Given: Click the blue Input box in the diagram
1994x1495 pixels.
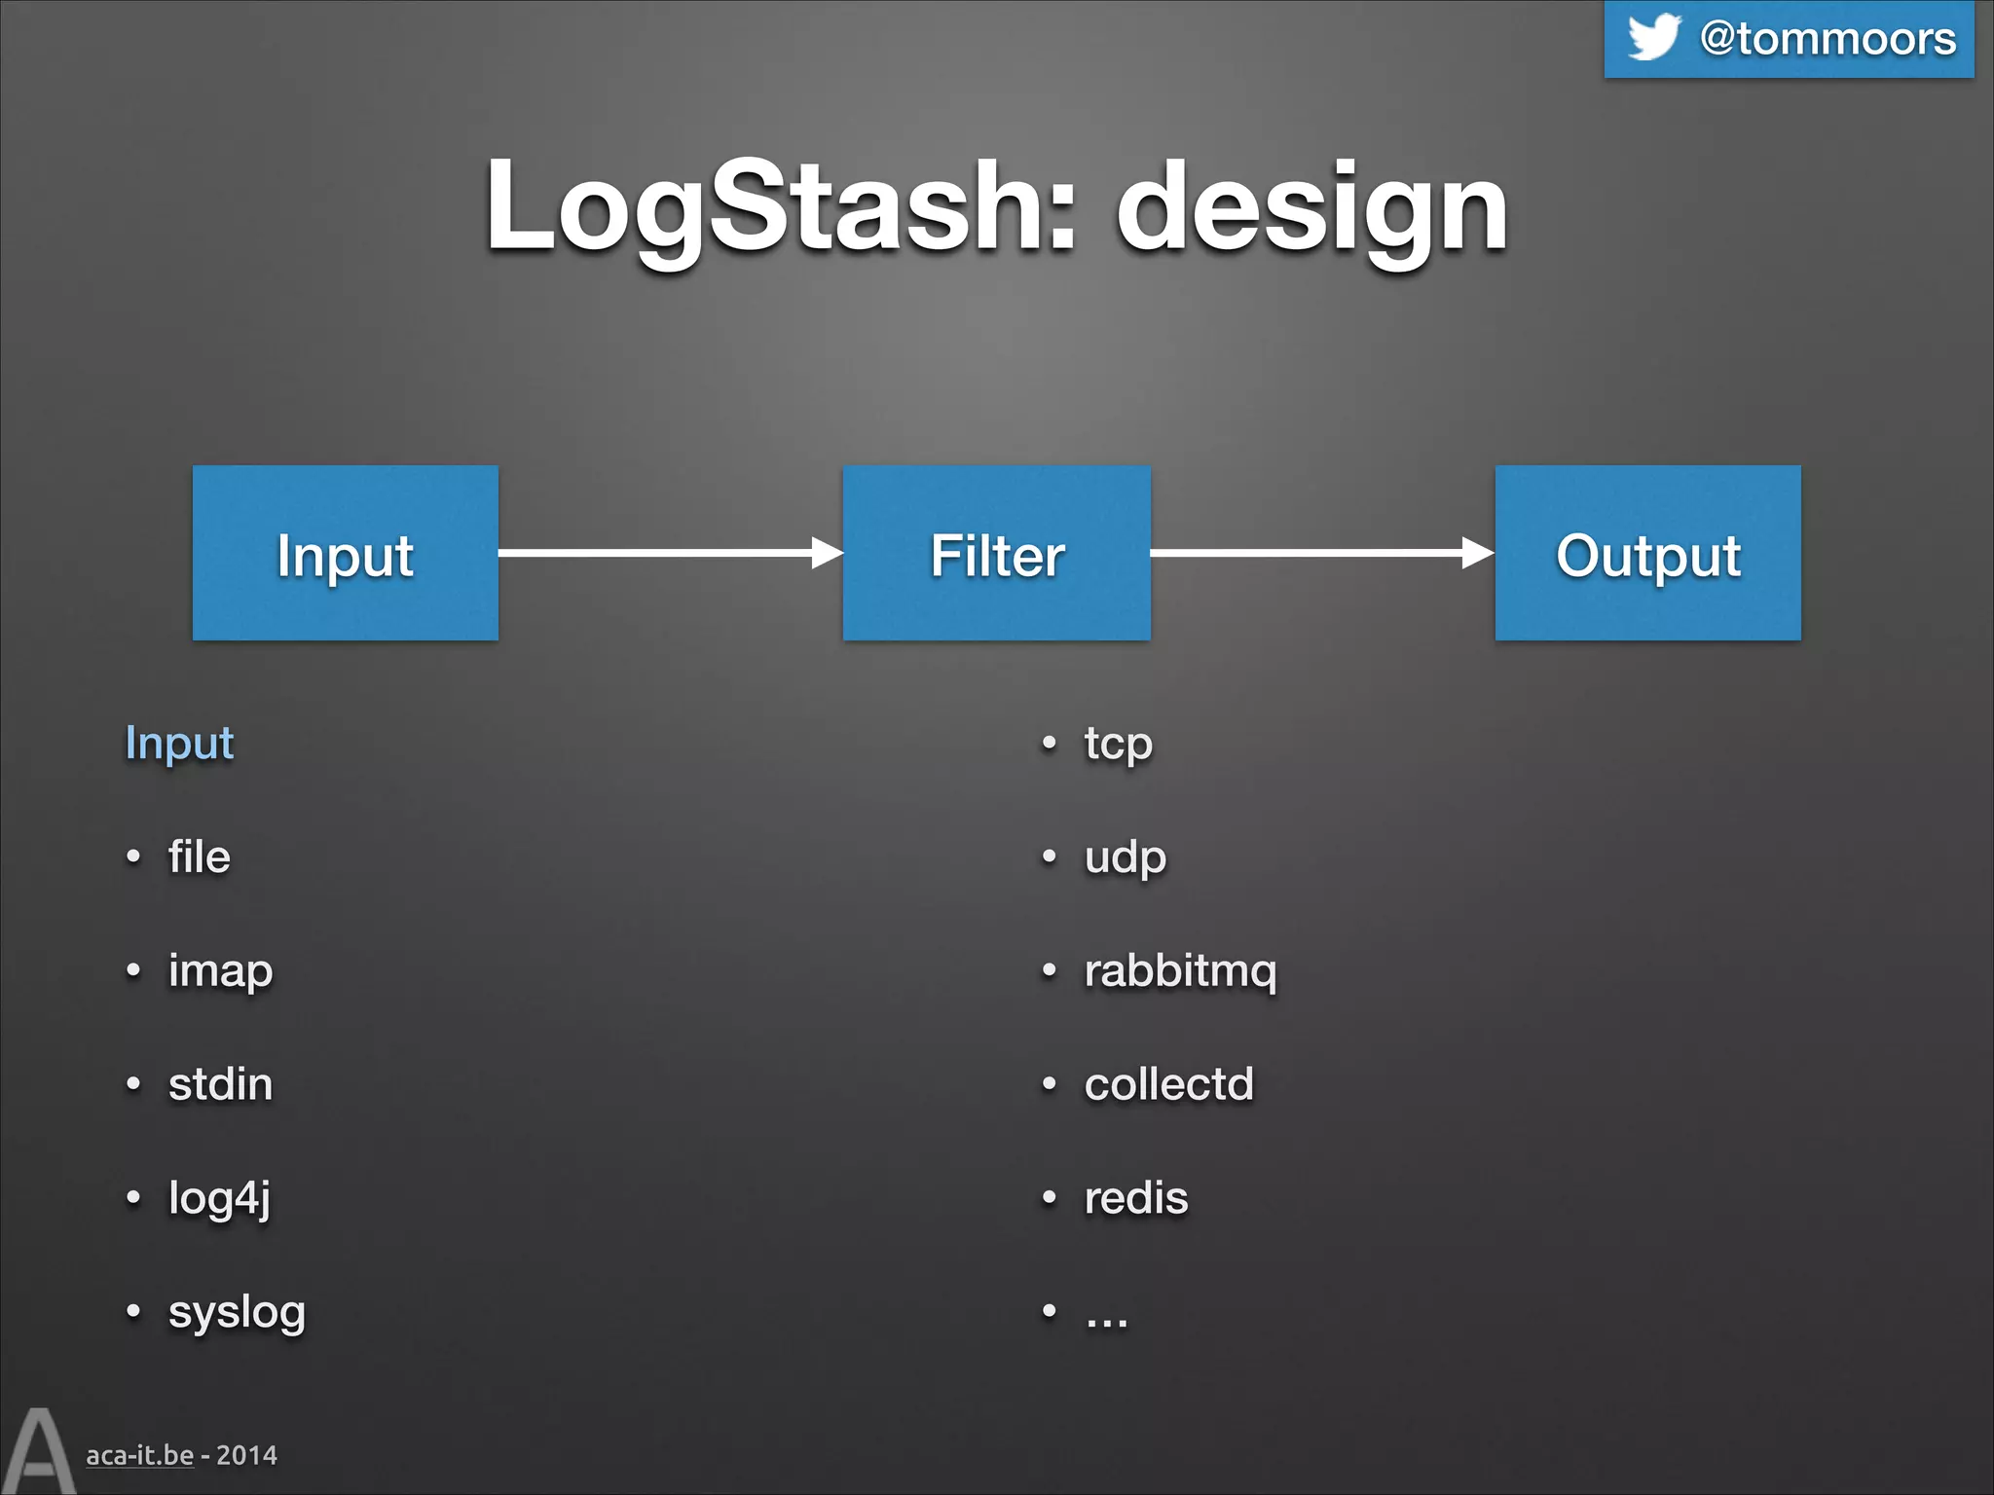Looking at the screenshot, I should tap(345, 553).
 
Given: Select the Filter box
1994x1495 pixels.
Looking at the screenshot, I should tap(996, 553).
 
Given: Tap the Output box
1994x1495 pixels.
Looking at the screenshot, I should tap(1647, 553).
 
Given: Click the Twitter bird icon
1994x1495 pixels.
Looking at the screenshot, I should tap(1653, 37).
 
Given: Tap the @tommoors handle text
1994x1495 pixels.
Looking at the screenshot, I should tap(1828, 39).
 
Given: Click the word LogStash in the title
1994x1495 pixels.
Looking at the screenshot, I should tap(779, 206).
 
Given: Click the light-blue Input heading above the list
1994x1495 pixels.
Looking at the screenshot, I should tap(179, 744).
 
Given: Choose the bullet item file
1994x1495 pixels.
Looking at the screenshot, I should tap(199, 857).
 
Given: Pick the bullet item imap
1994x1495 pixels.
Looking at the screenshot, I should tap(220, 971).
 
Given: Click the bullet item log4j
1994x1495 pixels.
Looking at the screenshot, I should tap(219, 1198).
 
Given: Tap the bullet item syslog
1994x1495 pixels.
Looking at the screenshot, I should tap(237, 1312).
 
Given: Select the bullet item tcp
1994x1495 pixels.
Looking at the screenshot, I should tap(1118, 745).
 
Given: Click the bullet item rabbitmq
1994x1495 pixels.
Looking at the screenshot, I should tap(1180, 971).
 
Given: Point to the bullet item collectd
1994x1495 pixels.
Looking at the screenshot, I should tap(1168, 1084).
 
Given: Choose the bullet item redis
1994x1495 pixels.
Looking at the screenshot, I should tap(1136, 1198).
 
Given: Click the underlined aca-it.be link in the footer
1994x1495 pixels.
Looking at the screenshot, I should tap(139, 1455).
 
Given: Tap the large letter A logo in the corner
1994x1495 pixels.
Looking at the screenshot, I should tap(37, 1452).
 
